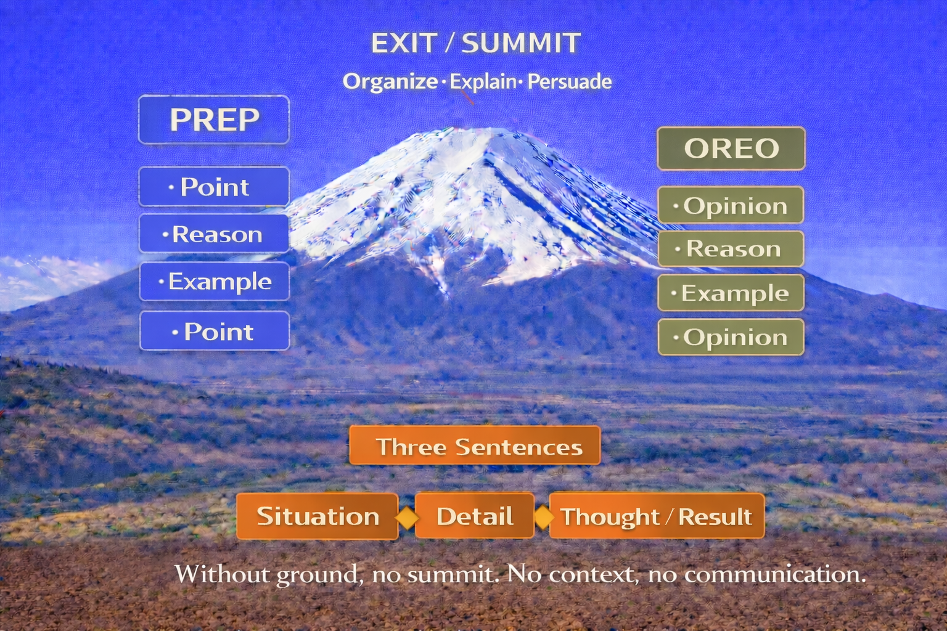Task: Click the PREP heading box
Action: (x=214, y=120)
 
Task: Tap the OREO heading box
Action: (x=731, y=149)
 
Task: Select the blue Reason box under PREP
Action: (x=214, y=234)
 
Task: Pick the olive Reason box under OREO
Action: (x=731, y=248)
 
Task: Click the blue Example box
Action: (x=215, y=282)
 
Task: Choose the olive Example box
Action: (x=731, y=293)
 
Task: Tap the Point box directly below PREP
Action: (x=214, y=186)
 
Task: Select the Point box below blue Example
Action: (x=215, y=331)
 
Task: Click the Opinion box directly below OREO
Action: (x=731, y=205)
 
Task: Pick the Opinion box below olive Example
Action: (x=731, y=337)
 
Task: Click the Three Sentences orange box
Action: (x=475, y=446)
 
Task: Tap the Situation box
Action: (x=317, y=516)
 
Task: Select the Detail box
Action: (x=474, y=516)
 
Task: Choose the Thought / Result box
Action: (x=657, y=516)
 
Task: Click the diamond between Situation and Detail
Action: (x=407, y=517)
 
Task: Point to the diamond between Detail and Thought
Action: (x=543, y=516)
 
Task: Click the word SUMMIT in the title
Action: (x=521, y=43)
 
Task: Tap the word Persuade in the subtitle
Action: (x=570, y=81)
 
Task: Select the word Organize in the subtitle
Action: (x=390, y=82)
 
